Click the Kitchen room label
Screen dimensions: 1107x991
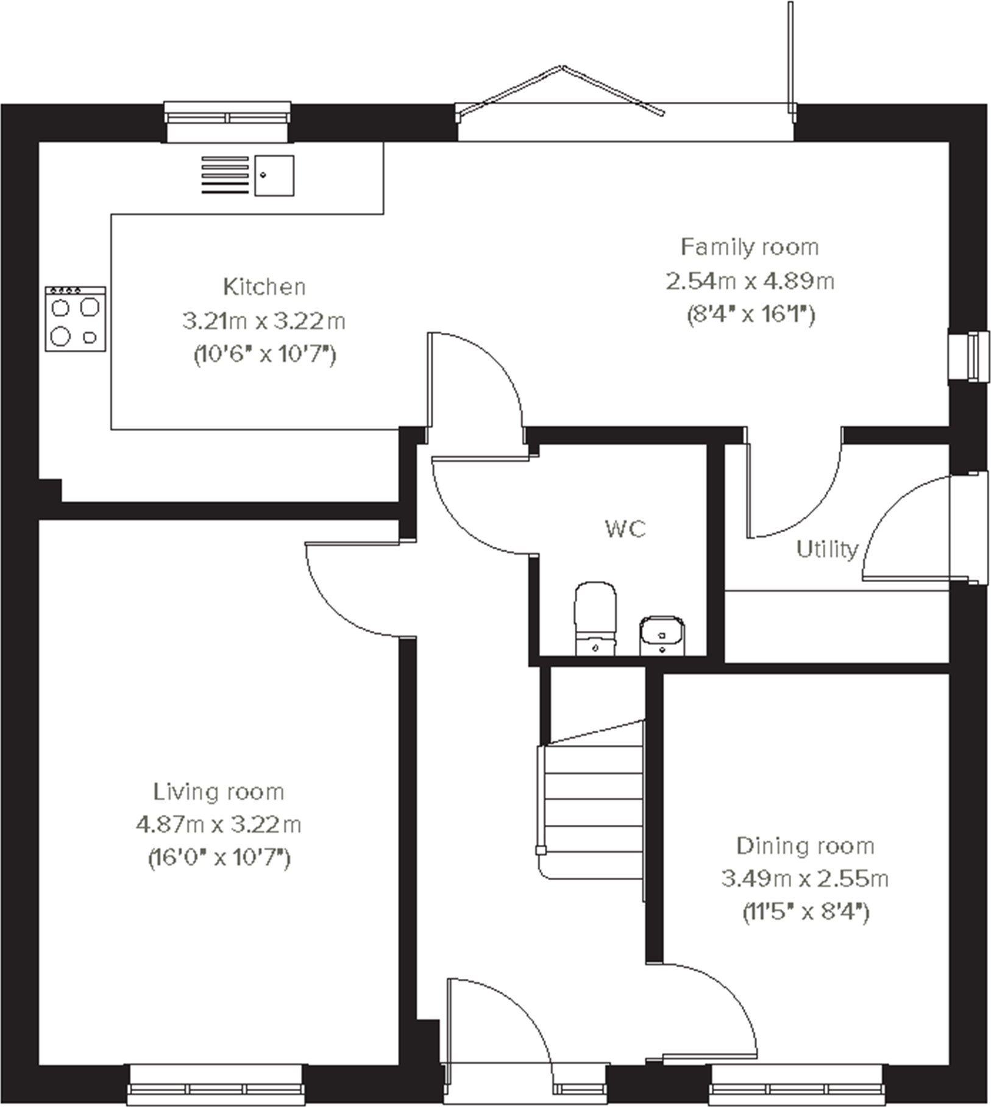(x=264, y=287)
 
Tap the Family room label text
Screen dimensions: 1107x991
(x=750, y=247)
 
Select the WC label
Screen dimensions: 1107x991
(x=625, y=529)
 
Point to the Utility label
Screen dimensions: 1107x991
(x=827, y=549)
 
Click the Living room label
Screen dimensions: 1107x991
(x=218, y=792)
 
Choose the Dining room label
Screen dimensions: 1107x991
(x=805, y=846)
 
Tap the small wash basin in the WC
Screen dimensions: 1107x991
(x=662, y=635)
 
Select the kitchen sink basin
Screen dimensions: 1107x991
(x=274, y=176)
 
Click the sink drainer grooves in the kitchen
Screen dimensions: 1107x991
(x=225, y=176)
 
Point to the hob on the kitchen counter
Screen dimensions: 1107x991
(x=76, y=319)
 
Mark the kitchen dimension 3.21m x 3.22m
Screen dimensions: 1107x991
(x=264, y=321)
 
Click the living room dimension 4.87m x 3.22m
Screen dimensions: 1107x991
(x=218, y=825)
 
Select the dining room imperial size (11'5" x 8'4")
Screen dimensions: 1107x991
(x=805, y=913)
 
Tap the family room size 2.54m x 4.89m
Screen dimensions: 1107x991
(x=750, y=281)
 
